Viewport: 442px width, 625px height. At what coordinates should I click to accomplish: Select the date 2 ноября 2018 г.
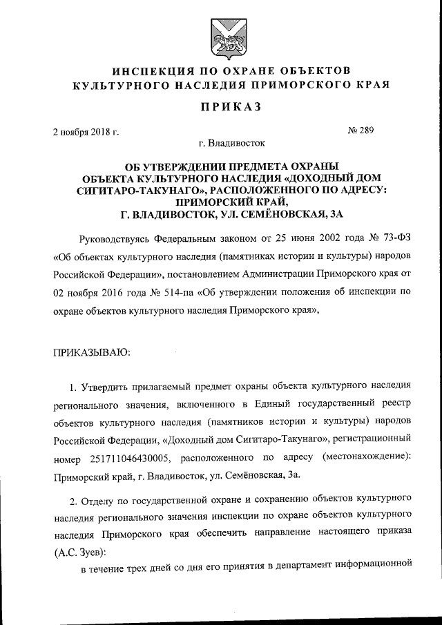tap(86, 133)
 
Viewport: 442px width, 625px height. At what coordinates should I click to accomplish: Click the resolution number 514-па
tap(153, 291)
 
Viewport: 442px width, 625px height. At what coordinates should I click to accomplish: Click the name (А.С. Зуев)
tap(79, 552)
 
